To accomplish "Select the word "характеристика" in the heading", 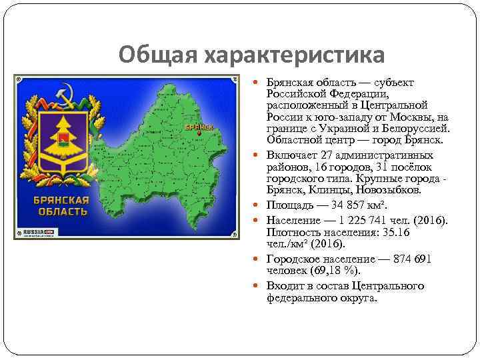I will click(x=292, y=55).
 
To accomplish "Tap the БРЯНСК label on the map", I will click(x=199, y=126).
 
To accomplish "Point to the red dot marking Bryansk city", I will click(x=199, y=133).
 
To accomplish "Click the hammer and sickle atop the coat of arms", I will click(x=65, y=94).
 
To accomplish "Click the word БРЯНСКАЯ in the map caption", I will click(x=61, y=200).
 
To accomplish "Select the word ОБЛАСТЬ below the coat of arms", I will click(x=61, y=211).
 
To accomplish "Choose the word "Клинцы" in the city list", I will click(x=340, y=190).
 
